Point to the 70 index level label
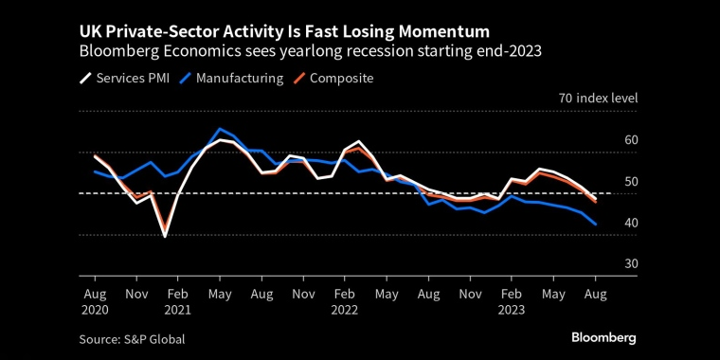tap(598, 99)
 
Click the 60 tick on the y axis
tap(605, 140)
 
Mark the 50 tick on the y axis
tap(605, 182)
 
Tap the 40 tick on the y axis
tap(605, 223)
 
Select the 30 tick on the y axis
tap(605, 263)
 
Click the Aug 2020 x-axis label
tap(96, 301)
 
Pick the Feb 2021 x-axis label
tap(179, 301)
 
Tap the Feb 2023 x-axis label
tap(512, 301)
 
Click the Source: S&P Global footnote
tap(134, 338)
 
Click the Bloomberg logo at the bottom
tap(603, 337)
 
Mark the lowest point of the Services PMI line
tap(165, 236)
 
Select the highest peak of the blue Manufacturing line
tap(220, 129)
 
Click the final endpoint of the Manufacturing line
tap(595, 225)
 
